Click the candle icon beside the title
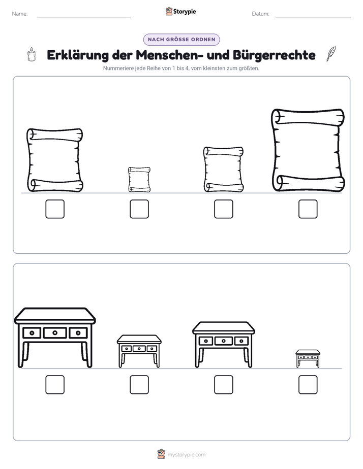point(32,54)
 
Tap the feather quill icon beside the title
point(331,54)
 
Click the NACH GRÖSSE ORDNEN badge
point(181,40)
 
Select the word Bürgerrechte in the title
point(274,55)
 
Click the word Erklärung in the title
point(78,55)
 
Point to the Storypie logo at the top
point(180,11)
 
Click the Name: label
point(20,14)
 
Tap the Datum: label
point(261,14)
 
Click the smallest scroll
point(139,180)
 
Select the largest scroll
point(308,150)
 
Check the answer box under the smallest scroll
point(139,209)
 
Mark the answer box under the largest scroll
point(308,209)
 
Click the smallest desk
point(308,359)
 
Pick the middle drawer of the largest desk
point(55,332)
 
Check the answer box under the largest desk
point(55,385)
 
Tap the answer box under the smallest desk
point(308,385)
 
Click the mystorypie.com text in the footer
point(186,455)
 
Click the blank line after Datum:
point(313,17)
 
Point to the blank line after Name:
point(83,17)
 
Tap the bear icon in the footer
point(161,454)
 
